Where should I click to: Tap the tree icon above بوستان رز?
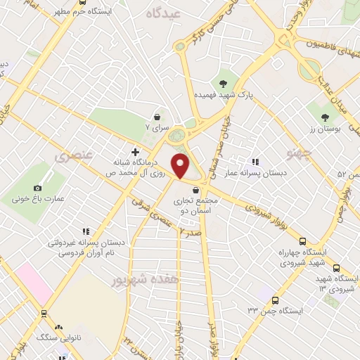point(324,117)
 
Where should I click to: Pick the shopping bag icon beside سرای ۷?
point(157,117)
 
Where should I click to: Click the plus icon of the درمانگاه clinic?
point(135,151)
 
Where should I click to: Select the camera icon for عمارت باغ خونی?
point(37,188)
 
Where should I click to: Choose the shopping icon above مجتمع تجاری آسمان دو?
point(195,190)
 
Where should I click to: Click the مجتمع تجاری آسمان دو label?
point(196,205)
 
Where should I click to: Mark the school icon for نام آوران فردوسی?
point(86,231)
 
